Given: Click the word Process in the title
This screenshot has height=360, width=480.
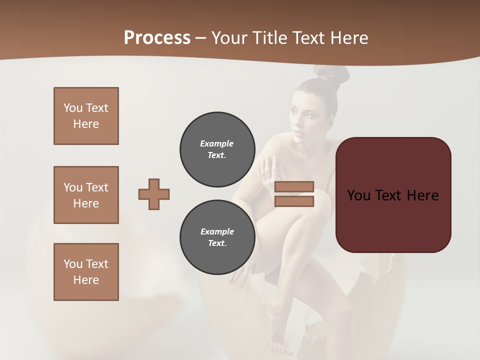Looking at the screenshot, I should tap(157, 37).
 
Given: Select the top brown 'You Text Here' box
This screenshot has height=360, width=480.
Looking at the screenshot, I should tap(86, 116).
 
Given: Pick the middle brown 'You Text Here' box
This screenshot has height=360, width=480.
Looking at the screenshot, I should tap(86, 195).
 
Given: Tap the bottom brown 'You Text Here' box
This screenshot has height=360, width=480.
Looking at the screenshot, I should tap(86, 272).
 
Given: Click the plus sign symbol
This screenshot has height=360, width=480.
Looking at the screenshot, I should tap(154, 194).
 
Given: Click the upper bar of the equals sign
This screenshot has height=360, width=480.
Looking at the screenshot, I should tap(294, 187).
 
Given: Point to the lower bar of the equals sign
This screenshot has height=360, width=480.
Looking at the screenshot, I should tap(294, 201).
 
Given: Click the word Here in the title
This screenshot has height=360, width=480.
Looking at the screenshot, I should tap(348, 37).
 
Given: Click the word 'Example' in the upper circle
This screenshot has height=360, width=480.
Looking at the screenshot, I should tap(216, 143).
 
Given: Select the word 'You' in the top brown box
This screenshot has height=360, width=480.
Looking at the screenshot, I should tap(72, 108).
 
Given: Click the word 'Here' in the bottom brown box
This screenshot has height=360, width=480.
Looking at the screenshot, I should tap(86, 280).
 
